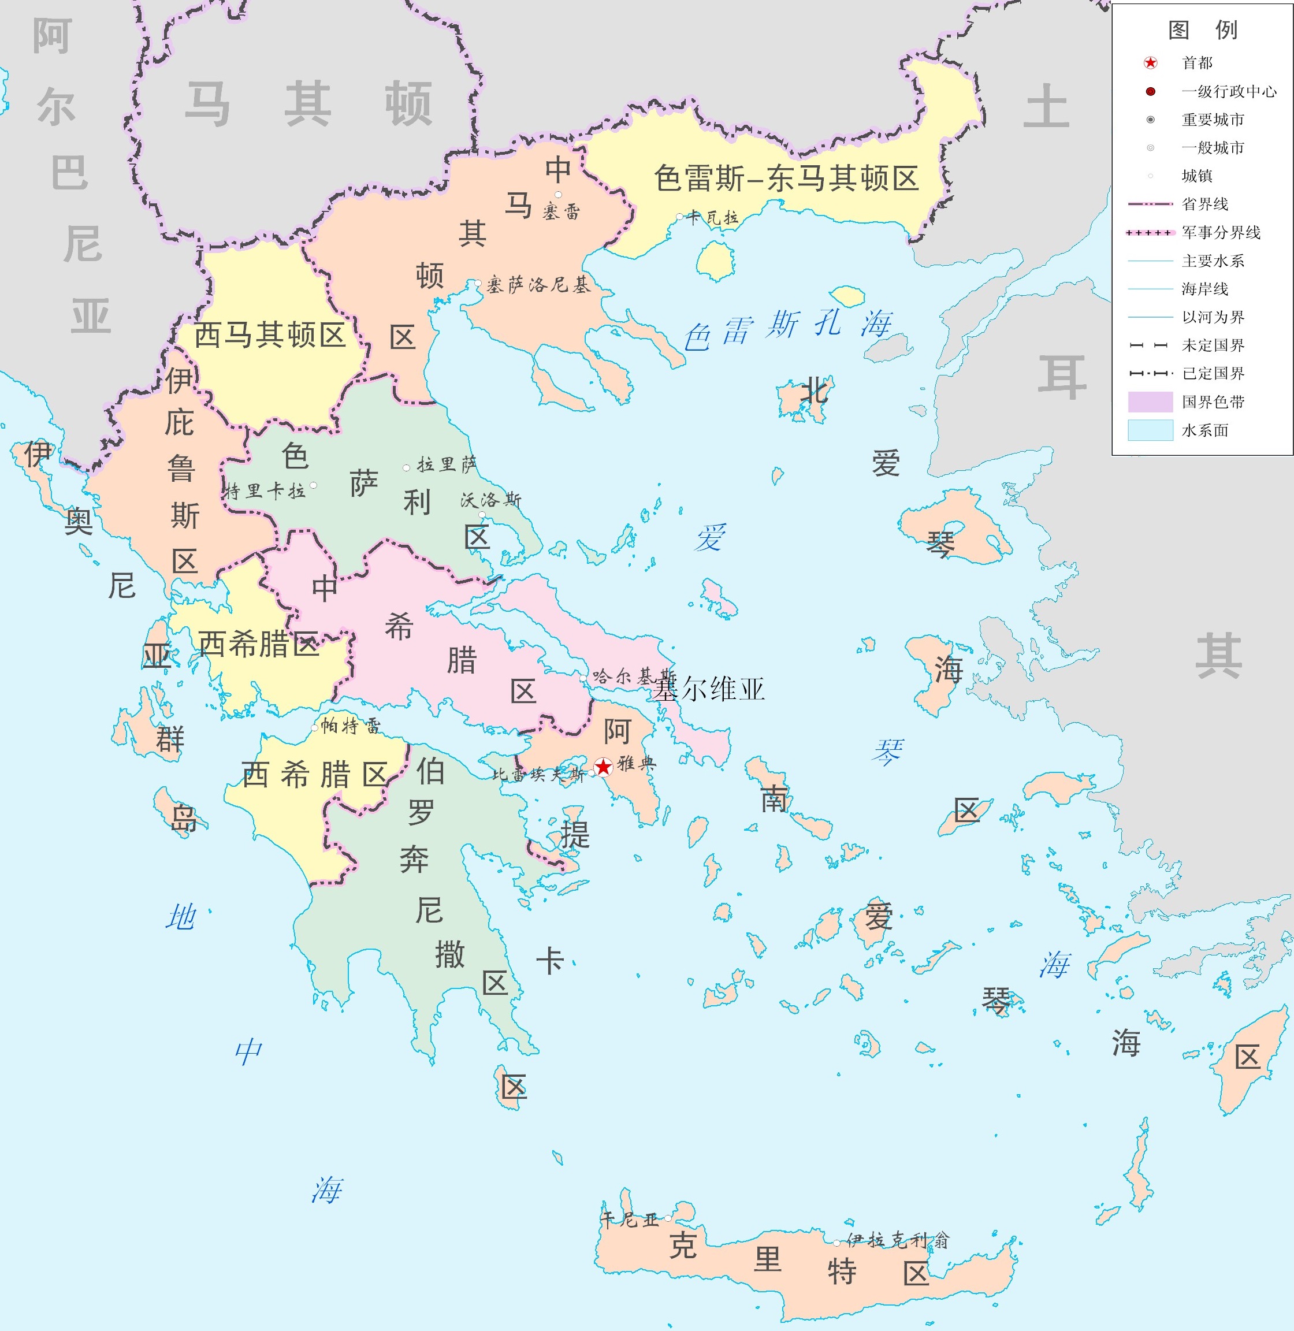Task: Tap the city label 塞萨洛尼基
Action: (538, 285)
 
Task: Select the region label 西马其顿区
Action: (270, 335)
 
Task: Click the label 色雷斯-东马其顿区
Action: (786, 179)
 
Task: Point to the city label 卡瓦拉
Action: (712, 218)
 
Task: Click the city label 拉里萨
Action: (447, 465)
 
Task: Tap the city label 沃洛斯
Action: (490, 500)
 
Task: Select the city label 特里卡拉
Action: (265, 492)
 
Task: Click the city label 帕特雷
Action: (351, 726)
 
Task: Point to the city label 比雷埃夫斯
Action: (538, 774)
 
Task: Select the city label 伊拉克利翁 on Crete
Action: (897, 1240)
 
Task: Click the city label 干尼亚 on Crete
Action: (630, 1220)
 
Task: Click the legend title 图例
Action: (1202, 30)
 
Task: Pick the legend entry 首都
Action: (1197, 63)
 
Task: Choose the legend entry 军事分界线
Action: (1221, 232)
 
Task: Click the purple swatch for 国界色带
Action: (1150, 401)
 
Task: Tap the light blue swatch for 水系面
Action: (1150, 430)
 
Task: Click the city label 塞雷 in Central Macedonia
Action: (562, 212)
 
